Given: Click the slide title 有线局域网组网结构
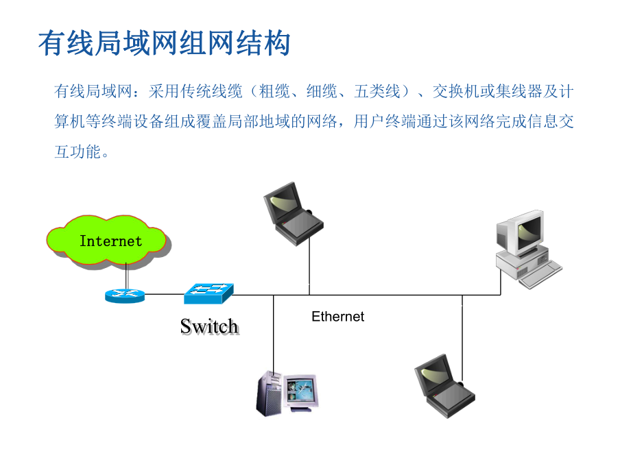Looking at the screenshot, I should [x=165, y=44].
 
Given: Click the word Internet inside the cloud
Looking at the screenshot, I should [x=110, y=241].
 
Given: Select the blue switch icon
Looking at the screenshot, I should [x=209, y=293].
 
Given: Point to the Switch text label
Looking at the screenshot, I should [x=209, y=326].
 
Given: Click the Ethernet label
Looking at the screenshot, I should [x=337, y=317].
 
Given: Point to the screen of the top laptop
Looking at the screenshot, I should [x=284, y=199].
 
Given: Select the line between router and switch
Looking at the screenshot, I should [x=165, y=295].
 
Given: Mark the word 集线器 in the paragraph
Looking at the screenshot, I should [x=527, y=91].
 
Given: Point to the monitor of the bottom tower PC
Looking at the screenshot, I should [x=302, y=390].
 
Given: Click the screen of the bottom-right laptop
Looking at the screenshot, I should [x=434, y=371].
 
